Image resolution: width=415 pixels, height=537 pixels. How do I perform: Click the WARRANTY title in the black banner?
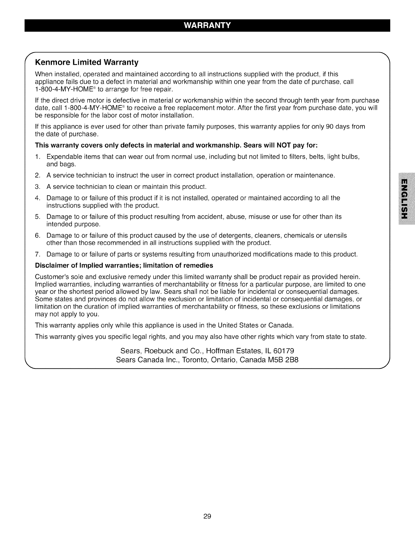click(207, 25)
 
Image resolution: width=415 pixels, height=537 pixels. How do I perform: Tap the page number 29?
click(207, 516)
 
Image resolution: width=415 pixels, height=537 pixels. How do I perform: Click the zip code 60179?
click(284, 351)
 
